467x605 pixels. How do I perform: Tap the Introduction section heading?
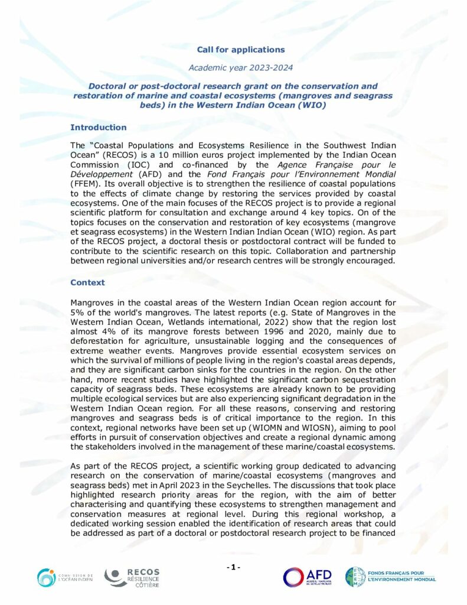(x=98, y=127)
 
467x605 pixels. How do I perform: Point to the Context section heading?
(x=87, y=282)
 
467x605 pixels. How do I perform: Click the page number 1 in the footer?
(x=233, y=568)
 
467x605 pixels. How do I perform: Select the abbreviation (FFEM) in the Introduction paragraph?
(x=84, y=184)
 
